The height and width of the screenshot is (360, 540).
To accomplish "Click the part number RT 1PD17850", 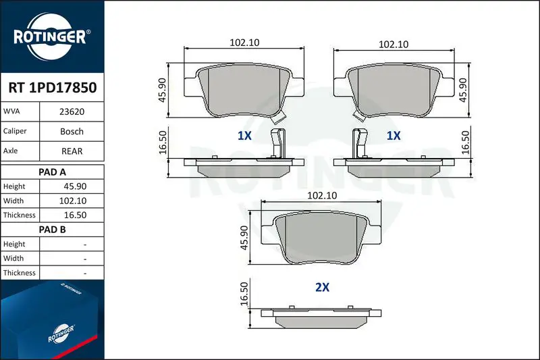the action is pos(53,88).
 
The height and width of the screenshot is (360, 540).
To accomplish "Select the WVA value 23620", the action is pos(72,111).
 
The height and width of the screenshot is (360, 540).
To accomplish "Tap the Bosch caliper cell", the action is pos(72,131).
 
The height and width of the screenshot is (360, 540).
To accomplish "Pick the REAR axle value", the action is pos(72,151).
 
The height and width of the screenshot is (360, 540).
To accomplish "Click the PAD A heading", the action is pos(53,172).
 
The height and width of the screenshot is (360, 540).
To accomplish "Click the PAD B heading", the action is pos(53,230).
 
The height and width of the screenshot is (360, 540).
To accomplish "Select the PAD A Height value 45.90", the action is pos(75,186).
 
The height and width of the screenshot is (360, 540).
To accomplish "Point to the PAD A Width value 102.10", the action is pos(73,201).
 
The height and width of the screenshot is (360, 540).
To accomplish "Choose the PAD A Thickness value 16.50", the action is pos(75,215).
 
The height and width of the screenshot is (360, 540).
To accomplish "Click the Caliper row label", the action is pos(15,131).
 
